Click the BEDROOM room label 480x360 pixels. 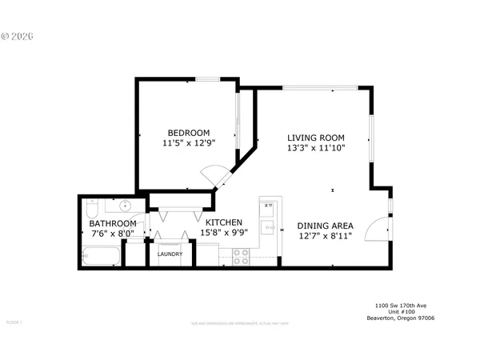[188, 133]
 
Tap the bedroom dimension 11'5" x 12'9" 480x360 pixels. [188, 144]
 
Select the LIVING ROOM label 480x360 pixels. [316, 137]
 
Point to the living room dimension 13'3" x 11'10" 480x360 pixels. [316, 148]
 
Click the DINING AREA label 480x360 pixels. [325, 226]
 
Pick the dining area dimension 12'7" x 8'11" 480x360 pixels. [325, 237]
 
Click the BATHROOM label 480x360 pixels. [112, 224]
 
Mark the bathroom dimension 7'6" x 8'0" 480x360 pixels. [112, 235]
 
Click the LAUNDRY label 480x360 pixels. [170, 254]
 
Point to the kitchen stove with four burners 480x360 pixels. [241, 256]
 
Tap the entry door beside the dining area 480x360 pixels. [376, 230]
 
